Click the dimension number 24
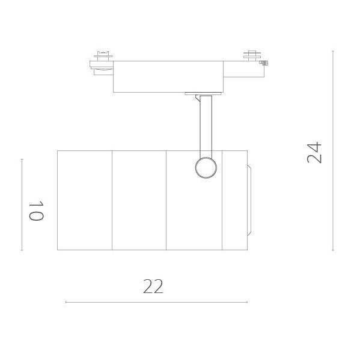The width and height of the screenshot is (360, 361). (314, 152)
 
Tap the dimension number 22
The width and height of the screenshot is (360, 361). (153, 286)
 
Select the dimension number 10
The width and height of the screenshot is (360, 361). (36, 211)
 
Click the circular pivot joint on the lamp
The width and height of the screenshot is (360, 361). (206, 168)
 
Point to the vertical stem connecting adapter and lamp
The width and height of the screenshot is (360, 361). (206, 126)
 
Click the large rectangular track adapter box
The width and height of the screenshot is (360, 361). (168, 76)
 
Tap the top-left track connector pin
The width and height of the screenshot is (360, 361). (103, 56)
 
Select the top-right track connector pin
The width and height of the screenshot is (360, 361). (252, 55)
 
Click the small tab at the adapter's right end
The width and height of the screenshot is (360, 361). (264, 63)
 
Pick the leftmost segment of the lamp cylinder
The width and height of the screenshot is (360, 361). (85, 200)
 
